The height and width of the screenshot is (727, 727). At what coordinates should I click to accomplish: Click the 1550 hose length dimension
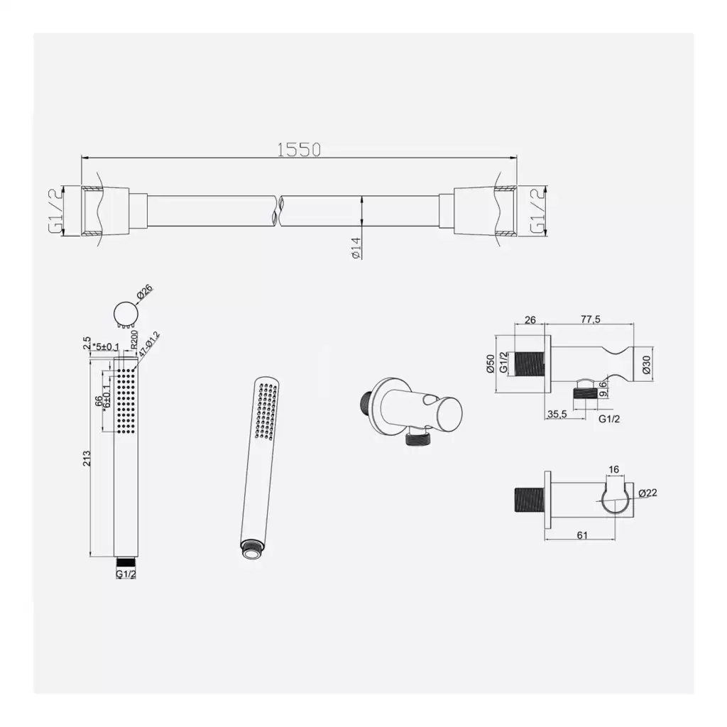(x=299, y=150)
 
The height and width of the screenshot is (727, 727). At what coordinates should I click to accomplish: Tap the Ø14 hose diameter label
(x=356, y=248)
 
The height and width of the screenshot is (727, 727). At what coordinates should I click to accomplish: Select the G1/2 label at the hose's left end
(x=55, y=212)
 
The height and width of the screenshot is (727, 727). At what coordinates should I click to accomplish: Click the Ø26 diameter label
(x=144, y=292)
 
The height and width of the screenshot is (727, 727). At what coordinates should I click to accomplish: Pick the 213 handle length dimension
(x=87, y=459)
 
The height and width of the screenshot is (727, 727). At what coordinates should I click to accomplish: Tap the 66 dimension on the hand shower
(x=99, y=401)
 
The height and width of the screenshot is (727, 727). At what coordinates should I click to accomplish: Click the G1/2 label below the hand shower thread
(x=126, y=574)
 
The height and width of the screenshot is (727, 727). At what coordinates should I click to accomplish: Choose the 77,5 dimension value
(x=590, y=319)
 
